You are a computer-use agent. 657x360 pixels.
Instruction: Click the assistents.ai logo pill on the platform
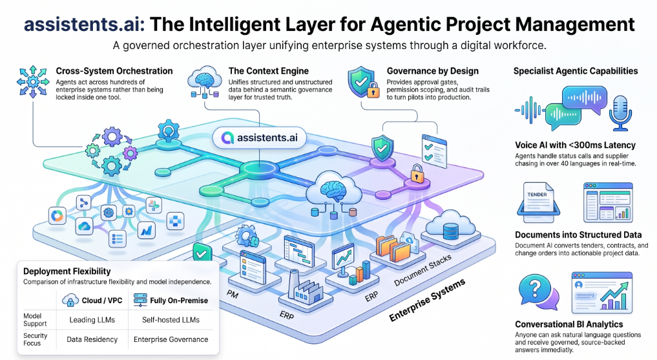pos(259,138)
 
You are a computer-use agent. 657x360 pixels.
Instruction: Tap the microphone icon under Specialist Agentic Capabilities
pos(621,112)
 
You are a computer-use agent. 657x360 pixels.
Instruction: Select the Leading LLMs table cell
pos(92,320)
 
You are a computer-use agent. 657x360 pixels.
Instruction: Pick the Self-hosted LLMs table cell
pos(171,320)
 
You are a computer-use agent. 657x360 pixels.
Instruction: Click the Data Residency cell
pos(92,339)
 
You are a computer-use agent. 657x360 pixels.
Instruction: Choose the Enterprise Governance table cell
pos(171,339)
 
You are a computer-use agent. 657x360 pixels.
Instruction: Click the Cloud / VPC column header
pos(92,300)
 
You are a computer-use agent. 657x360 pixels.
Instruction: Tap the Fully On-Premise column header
pos(171,300)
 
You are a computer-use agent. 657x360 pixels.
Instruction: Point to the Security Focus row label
pos(35,339)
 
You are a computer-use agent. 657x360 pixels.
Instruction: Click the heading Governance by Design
pos(432,71)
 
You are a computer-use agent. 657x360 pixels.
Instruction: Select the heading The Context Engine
pos(269,71)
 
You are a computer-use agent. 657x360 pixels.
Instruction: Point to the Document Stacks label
pos(422,270)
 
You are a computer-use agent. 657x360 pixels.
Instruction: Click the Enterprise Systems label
pos(427,300)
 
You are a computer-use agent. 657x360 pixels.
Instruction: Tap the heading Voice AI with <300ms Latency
pos(576,145)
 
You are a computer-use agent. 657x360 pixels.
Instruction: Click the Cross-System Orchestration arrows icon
pos(33,81)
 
